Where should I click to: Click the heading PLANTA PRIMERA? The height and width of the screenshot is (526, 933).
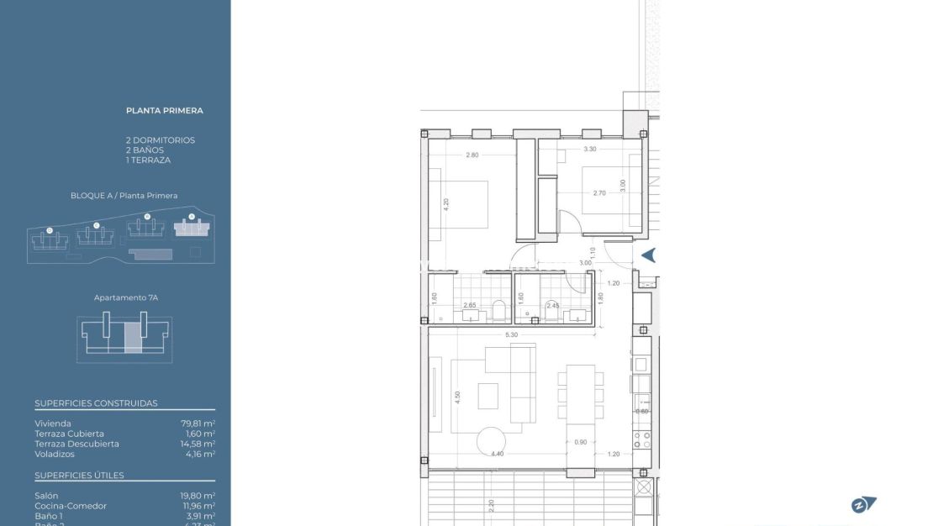[165, 110]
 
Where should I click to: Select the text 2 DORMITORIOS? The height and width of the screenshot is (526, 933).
[160, 140]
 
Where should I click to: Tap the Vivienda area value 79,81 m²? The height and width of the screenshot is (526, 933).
[198, 423]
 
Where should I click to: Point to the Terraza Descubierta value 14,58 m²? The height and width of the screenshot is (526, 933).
[198, 444]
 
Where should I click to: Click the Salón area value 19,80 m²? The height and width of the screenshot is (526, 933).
[198, 496]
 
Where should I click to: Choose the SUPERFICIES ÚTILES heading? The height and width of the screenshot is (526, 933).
[79, 476]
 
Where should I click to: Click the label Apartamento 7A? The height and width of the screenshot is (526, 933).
[125, 297]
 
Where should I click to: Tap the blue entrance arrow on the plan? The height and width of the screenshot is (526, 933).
[648, 255]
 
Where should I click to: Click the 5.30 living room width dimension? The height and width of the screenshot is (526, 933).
[511, 335]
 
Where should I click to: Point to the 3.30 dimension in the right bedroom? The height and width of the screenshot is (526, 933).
[589, 149]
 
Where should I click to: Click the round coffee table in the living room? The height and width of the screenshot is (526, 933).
[491, 440]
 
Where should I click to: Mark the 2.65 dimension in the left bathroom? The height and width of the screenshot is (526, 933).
[469, 305]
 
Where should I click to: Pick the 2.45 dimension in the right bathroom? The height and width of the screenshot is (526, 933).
[552, 305]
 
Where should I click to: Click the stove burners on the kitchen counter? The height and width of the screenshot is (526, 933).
[642, 439]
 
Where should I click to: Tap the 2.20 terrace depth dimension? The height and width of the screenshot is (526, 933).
[491, 506]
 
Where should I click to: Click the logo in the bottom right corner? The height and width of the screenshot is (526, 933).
[863, 504]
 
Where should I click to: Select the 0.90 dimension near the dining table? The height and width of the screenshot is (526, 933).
[580, 442]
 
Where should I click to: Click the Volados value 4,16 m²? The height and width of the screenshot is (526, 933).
[198, 454]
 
